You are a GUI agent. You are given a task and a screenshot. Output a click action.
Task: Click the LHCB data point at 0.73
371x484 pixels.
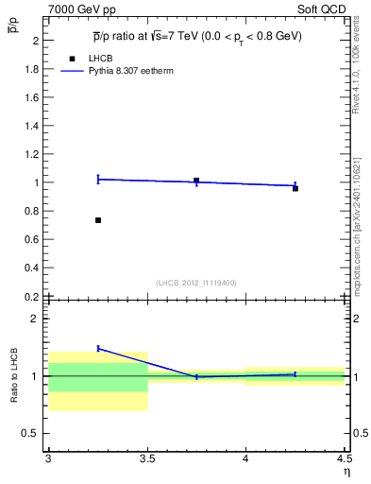(98, 220)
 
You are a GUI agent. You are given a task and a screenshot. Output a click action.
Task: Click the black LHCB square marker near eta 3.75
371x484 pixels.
(196, 181)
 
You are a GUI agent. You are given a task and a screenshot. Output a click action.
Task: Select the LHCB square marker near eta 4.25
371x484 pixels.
(295, 188)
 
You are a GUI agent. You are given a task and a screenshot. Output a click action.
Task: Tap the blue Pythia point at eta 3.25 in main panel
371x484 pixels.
(98, 179)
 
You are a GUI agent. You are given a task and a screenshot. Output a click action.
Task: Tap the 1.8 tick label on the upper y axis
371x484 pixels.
(32, 69)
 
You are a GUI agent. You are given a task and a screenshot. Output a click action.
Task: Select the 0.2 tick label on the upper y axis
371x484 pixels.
(32, 296)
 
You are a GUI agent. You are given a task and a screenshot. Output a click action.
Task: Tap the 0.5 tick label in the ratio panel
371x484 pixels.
(32, 433)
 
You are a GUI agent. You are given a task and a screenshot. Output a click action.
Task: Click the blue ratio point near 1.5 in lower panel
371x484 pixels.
(98, 348)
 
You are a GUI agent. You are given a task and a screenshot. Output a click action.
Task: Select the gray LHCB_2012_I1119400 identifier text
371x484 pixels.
(196, 283)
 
